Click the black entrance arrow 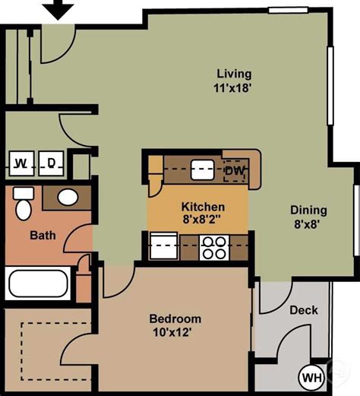coord(57,11)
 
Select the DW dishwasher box coord(235,169)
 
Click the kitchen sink coord(202,168)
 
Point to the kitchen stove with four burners coord(213,247)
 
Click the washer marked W coord(22,162)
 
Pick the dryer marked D coord(51,162)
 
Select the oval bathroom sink coord(68,198)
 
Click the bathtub coord(38,283)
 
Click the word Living coord(233,74)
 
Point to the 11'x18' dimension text coord(232,87)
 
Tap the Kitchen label coord(202,207)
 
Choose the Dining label coord(308,211)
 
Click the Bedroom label coord(175,318)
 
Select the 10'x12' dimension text coord(175,332)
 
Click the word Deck coord(304,310)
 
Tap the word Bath coord(43,235)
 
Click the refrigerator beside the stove coord(165,247)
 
